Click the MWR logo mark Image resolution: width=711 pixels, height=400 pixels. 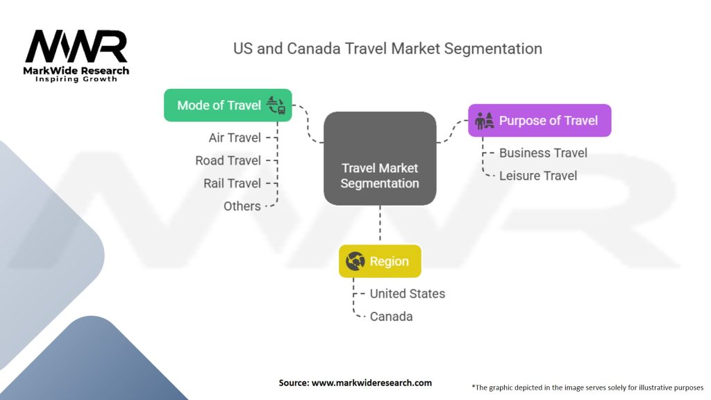pyautogui.click(x=76, y=47)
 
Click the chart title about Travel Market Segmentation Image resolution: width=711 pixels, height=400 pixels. pyautogui.click(x=387, y=49)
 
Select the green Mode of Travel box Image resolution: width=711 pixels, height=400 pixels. pyautogui.click(x=228, y=106)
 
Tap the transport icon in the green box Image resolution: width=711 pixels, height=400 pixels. pyautogui.click(x=276, y=106)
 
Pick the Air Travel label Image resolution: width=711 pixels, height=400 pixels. pyautogui.click(x=235, y=137)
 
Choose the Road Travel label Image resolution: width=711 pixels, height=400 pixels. pyautogui.click(x=228, y=160)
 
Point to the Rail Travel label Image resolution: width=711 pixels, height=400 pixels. pyautogui.click(x=232, y=183)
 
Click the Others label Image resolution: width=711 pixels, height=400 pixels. pyautogui.click(x=242, y=206)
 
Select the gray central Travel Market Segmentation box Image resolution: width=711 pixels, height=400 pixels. pyautogui.click(x=380, y=158)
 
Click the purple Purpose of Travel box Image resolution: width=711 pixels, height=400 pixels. pyautogui.click(x=539, y=121)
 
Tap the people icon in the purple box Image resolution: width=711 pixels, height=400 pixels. pyautogui.click(x=484, y=121)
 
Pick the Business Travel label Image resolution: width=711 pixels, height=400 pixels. pyautogui.click(x=543, y=153)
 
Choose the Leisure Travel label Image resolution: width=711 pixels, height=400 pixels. pyautogui.click(x=538, y=176)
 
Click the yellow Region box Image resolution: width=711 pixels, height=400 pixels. pyautogui.click(x=380, y=261)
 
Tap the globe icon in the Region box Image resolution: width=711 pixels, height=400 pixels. pyautogui.click(x=355, y=261)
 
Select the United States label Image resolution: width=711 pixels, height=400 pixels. pyautogui.click(x=407, y=294)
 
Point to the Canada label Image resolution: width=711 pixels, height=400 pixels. pyautogui.click(x=392, y=317)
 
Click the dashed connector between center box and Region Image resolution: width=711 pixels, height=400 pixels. pyautogui.click(x=380, y=225)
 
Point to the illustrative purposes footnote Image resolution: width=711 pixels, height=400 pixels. pyautogui.click(x=587, y=387)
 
